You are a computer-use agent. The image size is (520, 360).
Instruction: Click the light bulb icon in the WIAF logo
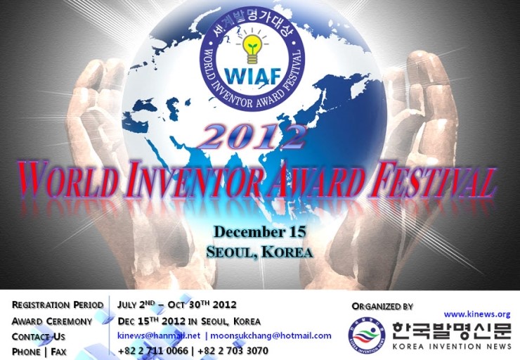pyautogui.click(x=251, y=47)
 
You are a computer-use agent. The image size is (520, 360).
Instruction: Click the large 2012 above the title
pyautogui.click(x=252, y=136)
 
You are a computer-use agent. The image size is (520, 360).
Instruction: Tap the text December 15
pyautogui.click(x=259, y=232)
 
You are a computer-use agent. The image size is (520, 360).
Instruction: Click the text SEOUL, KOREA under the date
pyautogui.click(x=259, y=252)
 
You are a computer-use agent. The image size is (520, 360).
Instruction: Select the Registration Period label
pyautogui.click(x=58, y=305)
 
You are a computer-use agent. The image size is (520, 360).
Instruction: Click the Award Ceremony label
pyautogui.click(x=52, y=321)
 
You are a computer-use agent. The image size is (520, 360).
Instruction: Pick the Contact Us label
pyautogui.click(x=39, y=336)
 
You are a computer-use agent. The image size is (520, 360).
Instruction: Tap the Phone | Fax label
pyautogui.click(x=39, y=352)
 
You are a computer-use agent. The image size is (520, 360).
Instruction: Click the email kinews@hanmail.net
pyautogui.click(x=159, y=336)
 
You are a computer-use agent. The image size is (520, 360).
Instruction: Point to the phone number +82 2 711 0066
pyautogui.click(x=152, y=351)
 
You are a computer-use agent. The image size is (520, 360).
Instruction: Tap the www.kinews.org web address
pyautogui.click(x=476, y=314)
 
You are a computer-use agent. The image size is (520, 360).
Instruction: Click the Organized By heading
pyautogui.click(x=382, y=306)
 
